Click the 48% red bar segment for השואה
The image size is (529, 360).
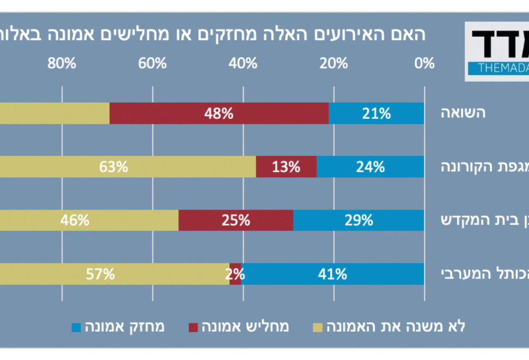tap(219, 113)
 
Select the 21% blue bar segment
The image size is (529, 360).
tap(376, 113)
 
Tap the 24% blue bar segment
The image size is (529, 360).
tap(370, 167)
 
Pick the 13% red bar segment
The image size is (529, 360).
tap(286, 167)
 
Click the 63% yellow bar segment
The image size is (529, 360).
tap(120, 167)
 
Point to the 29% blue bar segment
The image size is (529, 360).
tap(358, 220)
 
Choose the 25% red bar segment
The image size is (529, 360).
tap(235, 220)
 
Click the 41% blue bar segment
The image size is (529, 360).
tap(333, 274)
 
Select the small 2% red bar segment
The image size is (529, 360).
tap(235, 274)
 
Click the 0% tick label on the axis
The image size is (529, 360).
tap(425, 63)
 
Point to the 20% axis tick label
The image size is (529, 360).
tap(333, 63)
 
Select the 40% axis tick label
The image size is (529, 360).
tap(243, 63)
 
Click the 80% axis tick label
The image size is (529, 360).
tap(62, 63)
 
